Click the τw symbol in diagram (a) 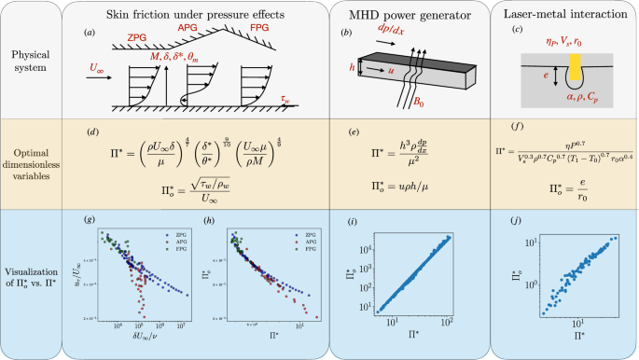click(x=286, y=96)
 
